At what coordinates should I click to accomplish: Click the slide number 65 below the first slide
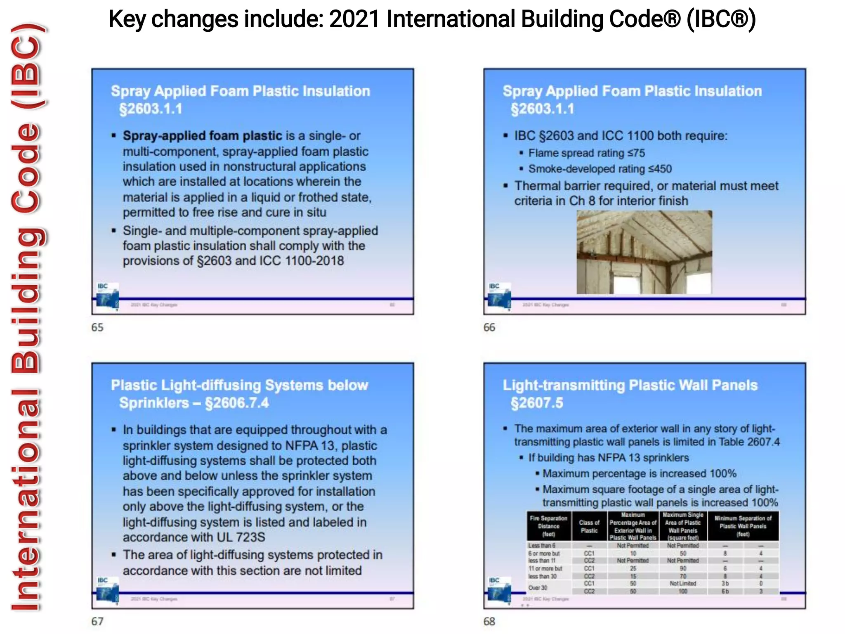tap(97, 327)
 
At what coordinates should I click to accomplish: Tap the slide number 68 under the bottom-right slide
tap(489, 621)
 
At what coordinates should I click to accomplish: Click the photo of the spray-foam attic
tap(644, 252)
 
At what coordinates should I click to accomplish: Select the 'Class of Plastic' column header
tap(589, 526)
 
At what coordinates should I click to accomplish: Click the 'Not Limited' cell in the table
tap(682, 583)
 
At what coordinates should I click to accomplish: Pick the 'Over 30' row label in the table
tap(538, 587)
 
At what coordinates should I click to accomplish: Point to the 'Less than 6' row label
tap(542, 545)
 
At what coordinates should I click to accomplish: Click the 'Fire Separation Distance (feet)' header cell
tap(548, 526)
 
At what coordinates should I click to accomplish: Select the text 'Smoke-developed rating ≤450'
tap(600, 169)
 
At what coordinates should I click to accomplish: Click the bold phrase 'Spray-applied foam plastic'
tap(202, 136)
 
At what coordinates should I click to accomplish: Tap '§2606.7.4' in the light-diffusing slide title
tap(237, 403)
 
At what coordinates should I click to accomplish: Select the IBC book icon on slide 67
tap(107, 589)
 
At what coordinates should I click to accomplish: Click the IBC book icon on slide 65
tap(107, 296)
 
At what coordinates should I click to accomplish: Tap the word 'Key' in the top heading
tap(127, 19)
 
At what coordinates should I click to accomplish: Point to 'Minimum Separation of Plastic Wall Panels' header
tap(743, 526)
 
